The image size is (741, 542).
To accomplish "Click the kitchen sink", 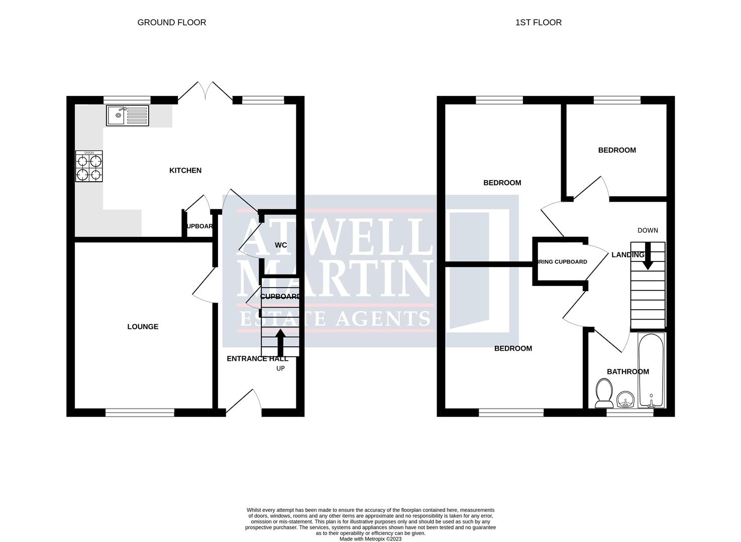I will click(x=128, y=115).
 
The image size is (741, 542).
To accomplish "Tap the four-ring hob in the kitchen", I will click(x=89, y=167).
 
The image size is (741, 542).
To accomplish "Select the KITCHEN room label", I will click(x=185, y=171).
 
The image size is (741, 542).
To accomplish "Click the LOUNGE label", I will click(x=143, y=327).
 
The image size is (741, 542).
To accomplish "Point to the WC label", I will click(x=281, y=245).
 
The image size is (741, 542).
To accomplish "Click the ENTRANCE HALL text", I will click(x=257, y=358).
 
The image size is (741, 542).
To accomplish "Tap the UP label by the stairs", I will click(x=280, y=368).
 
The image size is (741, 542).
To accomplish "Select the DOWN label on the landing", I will click(x=648, y=230).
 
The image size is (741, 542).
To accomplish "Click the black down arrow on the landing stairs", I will click(x=648, y=256).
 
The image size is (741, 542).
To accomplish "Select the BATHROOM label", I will click(x=627, y=372).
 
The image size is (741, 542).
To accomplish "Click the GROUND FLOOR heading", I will click(x=172, y=22).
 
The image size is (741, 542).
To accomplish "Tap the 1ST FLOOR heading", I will click(x=539, y=22).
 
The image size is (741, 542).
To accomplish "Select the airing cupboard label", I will click(x=562, y=261).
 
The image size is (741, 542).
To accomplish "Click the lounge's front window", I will click(x=140, y=413).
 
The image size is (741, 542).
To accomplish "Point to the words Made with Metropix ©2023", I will click(x=370, y=539).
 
